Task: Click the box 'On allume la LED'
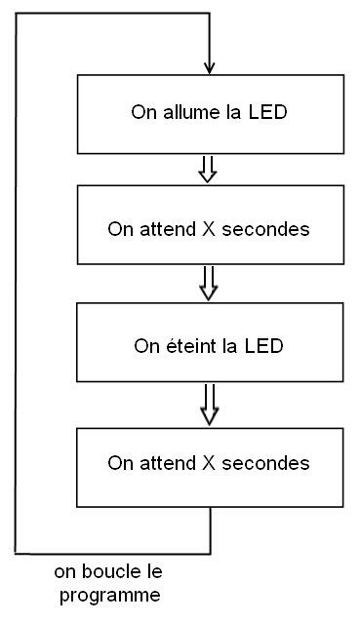210,113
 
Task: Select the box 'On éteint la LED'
210,344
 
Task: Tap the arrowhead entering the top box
210,68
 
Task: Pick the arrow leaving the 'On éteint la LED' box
208,403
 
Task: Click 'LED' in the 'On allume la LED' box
268,112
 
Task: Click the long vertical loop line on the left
17,283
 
